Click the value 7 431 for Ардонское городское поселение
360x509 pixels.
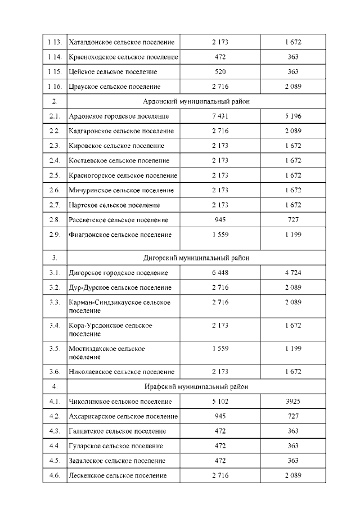click(220, 116)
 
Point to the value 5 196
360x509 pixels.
click(292, 116)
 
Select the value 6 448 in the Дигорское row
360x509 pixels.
click(220, 273)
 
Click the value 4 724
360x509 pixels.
click(292, 273)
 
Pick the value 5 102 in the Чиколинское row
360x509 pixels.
click(220, 402)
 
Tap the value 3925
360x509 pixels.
click(292, 402)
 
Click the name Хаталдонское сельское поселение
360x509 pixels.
click(121, 42)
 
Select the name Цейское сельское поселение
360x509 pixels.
click(112, 72)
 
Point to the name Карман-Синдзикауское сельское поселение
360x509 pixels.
click(119, 306)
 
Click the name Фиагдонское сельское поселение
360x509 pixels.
click(120, 235)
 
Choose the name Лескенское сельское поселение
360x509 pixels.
click(118, 476)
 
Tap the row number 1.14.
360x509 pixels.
click(55, 57)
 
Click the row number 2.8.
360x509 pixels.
click(54, 220)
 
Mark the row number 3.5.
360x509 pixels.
click(54, 349)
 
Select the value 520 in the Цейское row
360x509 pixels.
click(220, 72)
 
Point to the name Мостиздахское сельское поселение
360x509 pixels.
click(107, 353)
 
